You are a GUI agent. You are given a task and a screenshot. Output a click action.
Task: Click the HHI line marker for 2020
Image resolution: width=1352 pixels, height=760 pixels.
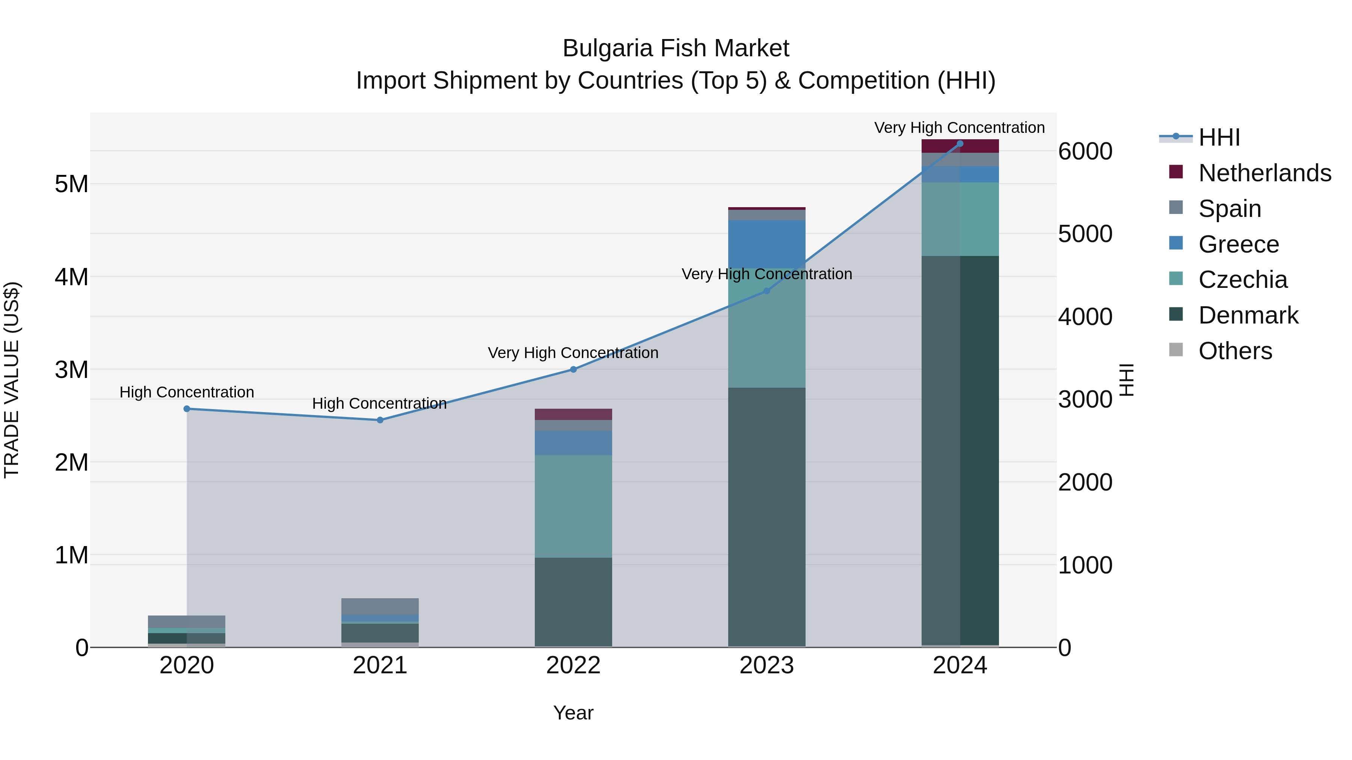[x=187, y=409]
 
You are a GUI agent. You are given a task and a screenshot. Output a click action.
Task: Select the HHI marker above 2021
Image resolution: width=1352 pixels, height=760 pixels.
[x=380, y=420]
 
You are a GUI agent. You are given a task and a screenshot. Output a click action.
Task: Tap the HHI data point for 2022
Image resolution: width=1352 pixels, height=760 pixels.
[x=573, y=369]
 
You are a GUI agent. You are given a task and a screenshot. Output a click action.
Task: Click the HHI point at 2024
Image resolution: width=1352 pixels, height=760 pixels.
[x=960, y=144]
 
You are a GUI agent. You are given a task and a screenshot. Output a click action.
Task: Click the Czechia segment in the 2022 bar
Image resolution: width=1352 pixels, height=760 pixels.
[x=573, y=506]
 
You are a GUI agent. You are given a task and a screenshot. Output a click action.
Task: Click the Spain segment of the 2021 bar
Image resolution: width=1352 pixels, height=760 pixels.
[x=380, y=606]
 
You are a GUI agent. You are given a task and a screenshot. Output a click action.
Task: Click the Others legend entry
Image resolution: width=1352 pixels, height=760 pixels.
[x=1235, y=351]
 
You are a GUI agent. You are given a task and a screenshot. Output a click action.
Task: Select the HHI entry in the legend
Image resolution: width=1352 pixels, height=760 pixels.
[x=1219, y=137]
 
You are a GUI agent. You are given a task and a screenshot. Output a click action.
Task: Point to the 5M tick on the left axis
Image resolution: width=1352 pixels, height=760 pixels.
[x=71, y=184]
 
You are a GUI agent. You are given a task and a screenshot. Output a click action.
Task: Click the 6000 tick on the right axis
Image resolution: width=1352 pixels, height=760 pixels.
[x=1085, y=152]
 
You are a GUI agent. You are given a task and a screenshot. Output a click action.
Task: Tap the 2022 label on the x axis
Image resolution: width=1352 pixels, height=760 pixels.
[x=573, y=665]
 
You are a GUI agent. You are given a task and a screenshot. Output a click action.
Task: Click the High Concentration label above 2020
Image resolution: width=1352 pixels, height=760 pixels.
[x=187, y=392]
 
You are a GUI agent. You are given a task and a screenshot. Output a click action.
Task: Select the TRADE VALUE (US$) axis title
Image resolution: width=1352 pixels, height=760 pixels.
[x=12, y=380]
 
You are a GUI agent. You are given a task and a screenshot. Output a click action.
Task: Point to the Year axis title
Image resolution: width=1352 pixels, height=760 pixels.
[x=573, y=713]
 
